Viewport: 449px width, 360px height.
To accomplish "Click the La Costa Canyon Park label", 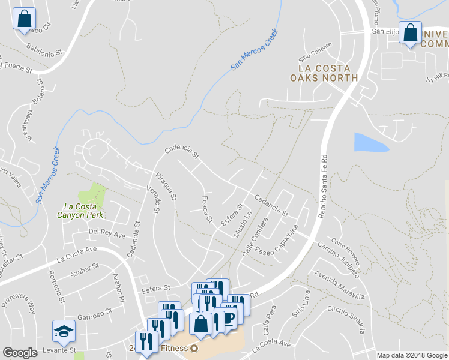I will click(80, 210).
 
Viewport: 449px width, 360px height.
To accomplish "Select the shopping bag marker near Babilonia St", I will click(24, 18).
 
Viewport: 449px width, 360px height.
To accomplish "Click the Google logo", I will click(20, 352).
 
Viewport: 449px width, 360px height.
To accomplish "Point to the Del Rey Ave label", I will click(107, 232).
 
